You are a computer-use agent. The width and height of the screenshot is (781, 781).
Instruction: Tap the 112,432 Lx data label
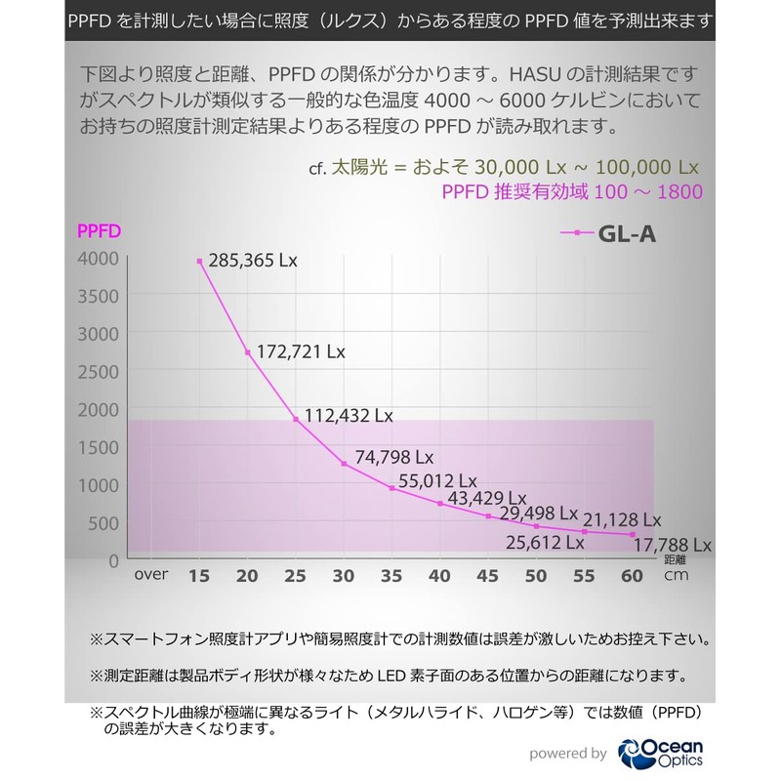point(349,415)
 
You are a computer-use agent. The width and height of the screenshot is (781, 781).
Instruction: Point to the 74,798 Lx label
point(394,456)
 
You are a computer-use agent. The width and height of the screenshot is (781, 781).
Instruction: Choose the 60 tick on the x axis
point(633,576)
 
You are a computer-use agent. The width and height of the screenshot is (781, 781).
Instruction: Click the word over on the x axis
point(151,575)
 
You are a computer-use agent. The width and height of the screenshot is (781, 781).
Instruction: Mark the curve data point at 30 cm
point(344,463)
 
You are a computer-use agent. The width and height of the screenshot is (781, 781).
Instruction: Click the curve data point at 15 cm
point(199,262)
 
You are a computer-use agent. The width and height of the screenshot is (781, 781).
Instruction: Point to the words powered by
point(568,753)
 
